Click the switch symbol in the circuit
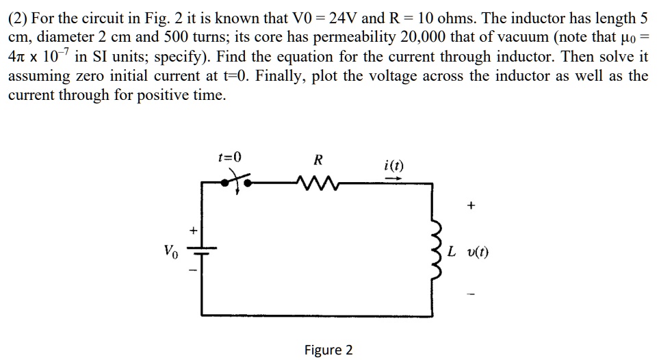236,182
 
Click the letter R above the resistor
318,161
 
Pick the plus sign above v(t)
471,205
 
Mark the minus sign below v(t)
471,296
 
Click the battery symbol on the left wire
203,252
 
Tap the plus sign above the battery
193,231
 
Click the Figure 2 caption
328,350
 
